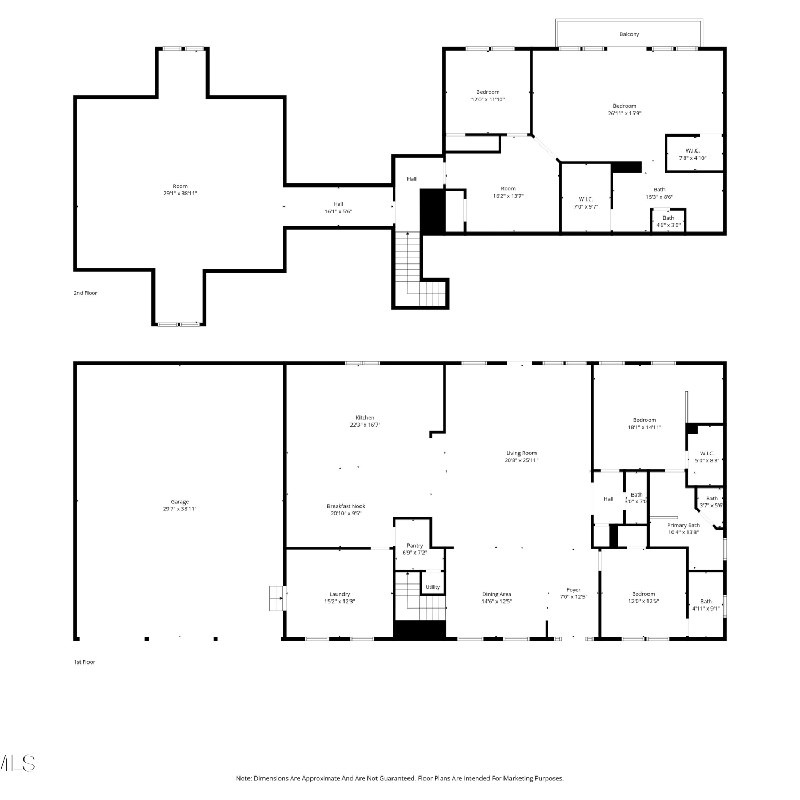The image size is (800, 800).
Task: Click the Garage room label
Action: coord(180,502)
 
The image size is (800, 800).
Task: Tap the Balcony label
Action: coord(629,34)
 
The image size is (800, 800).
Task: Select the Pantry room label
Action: coord(415,546)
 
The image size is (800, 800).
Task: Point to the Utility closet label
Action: coord(433,587)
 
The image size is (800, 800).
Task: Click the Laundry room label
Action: coord(340,594)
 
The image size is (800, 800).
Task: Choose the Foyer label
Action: coord(573,590)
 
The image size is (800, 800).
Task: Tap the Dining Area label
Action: coord(497,594)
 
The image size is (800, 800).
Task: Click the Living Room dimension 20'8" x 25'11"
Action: coord(522,460)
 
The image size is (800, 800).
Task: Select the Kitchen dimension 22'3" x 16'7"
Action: coord(365,425)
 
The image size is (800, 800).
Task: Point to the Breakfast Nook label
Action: coord(346,506)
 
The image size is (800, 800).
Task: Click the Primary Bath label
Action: coord(683,525)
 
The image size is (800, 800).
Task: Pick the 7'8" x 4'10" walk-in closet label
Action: coord(693,158)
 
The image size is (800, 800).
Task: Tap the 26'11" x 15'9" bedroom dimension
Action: coord(625,113)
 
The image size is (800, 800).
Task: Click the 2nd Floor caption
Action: coord(85,293)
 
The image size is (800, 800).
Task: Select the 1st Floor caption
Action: coord(84,662)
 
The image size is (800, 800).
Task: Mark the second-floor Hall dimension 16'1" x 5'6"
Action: coord(338,211)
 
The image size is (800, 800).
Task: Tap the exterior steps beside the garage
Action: coord(276,598)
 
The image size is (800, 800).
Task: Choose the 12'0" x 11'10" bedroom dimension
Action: coord(487,99)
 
